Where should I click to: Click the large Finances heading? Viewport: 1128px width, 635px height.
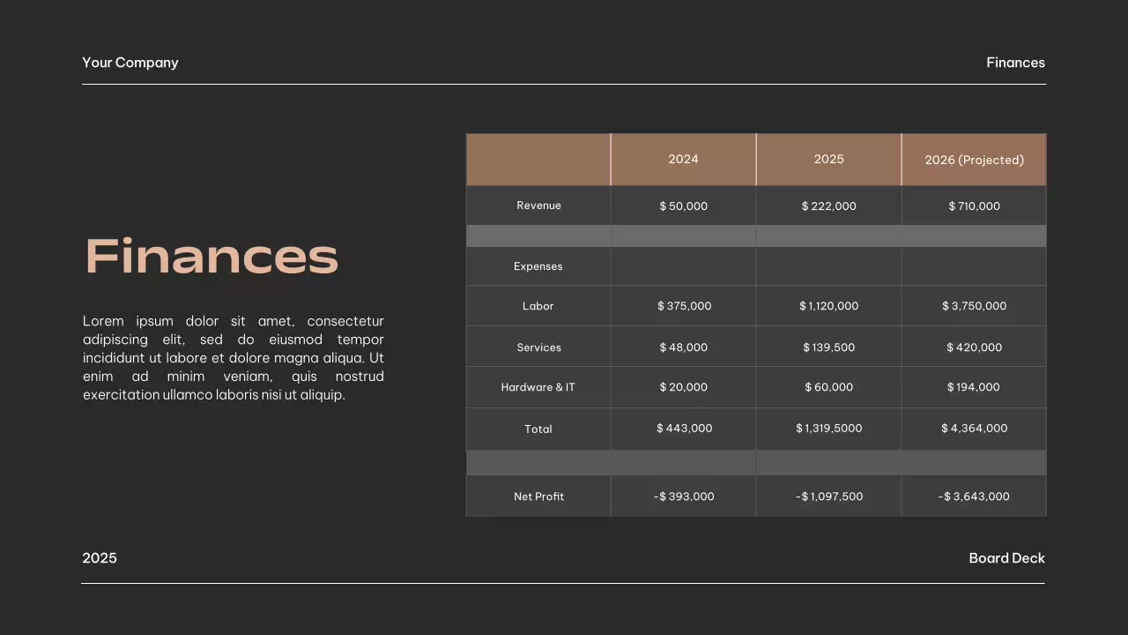(211, 257)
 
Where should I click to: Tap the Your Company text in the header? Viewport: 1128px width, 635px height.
(130, 63)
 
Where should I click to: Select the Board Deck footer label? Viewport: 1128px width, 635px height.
(1006, 558)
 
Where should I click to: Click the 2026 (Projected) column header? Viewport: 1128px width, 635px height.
(974, 160)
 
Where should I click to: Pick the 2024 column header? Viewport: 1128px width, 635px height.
(683, 160)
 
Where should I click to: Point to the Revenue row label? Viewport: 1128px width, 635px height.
(538, 205)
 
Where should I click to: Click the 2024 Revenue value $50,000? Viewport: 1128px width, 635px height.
(683, 206)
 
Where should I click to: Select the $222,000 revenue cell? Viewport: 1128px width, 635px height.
(828, 206)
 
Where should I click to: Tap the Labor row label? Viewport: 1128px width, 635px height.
(538, 306)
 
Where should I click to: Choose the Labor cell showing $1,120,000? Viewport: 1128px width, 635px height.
(828, 306)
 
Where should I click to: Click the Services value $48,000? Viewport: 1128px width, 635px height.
(683, 347)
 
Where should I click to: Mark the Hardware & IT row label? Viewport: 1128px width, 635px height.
(538, 387)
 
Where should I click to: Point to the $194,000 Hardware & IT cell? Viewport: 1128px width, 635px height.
(974, 387)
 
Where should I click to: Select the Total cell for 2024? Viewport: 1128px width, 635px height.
(684, 429)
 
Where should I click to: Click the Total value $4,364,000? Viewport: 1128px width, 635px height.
(974, 429)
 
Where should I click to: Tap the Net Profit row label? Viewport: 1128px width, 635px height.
(538, 497)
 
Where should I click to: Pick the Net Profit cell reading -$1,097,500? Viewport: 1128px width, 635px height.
(828, 497)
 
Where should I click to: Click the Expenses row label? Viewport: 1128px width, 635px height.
(538, 266)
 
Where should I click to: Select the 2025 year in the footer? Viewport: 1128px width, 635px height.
(100, 558)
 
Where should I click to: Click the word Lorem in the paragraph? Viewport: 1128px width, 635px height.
(103, 321)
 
